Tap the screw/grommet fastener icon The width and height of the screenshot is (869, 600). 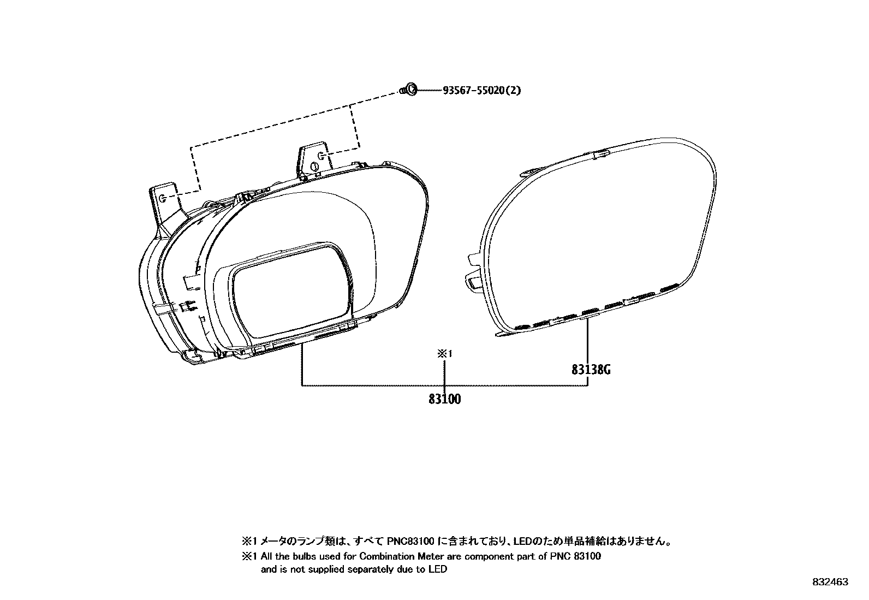(x=410, y=89)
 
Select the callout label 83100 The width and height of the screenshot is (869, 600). (x=444, y=399)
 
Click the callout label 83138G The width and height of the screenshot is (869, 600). (x=591, y=370)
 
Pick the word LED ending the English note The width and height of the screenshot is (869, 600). (x=439, y=569)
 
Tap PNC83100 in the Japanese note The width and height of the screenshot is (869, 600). (x=410, y=542)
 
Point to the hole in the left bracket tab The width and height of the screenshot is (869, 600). (x=164, y=198)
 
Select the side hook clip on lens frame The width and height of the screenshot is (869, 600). (x=473, y=281)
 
